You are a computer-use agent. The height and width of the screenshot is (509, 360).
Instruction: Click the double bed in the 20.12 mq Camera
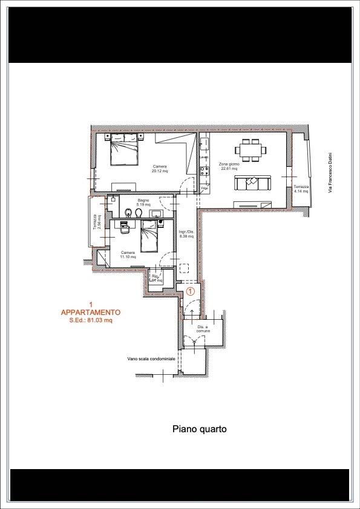tap(125, 149)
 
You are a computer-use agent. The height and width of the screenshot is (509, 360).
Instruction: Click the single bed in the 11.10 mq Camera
tap(149, 237)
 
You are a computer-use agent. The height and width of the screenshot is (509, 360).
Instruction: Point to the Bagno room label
tap(143, 200)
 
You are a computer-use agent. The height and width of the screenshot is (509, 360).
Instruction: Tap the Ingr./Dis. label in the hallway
tap(186, 232)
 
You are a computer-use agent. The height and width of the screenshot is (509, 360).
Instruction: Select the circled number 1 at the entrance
tap(189, 291)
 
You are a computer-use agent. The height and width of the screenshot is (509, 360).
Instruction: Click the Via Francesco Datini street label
tap(331, 173)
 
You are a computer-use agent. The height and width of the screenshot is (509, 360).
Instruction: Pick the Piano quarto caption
tap(200, 429)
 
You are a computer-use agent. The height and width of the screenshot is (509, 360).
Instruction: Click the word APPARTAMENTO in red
tap(91, 313)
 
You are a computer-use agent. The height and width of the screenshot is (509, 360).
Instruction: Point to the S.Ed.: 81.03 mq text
tap(91, 320)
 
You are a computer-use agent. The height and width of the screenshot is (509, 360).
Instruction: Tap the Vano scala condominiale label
tap(151, 358)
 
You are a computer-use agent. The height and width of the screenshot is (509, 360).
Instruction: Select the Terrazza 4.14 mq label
tap(301, 189)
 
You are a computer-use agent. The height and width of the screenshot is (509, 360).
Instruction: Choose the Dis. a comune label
tap(202, 328)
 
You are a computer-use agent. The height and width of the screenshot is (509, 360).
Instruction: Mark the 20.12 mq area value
tap(160, 171)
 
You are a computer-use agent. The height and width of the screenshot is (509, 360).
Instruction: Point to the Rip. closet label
tap(156, 279)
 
